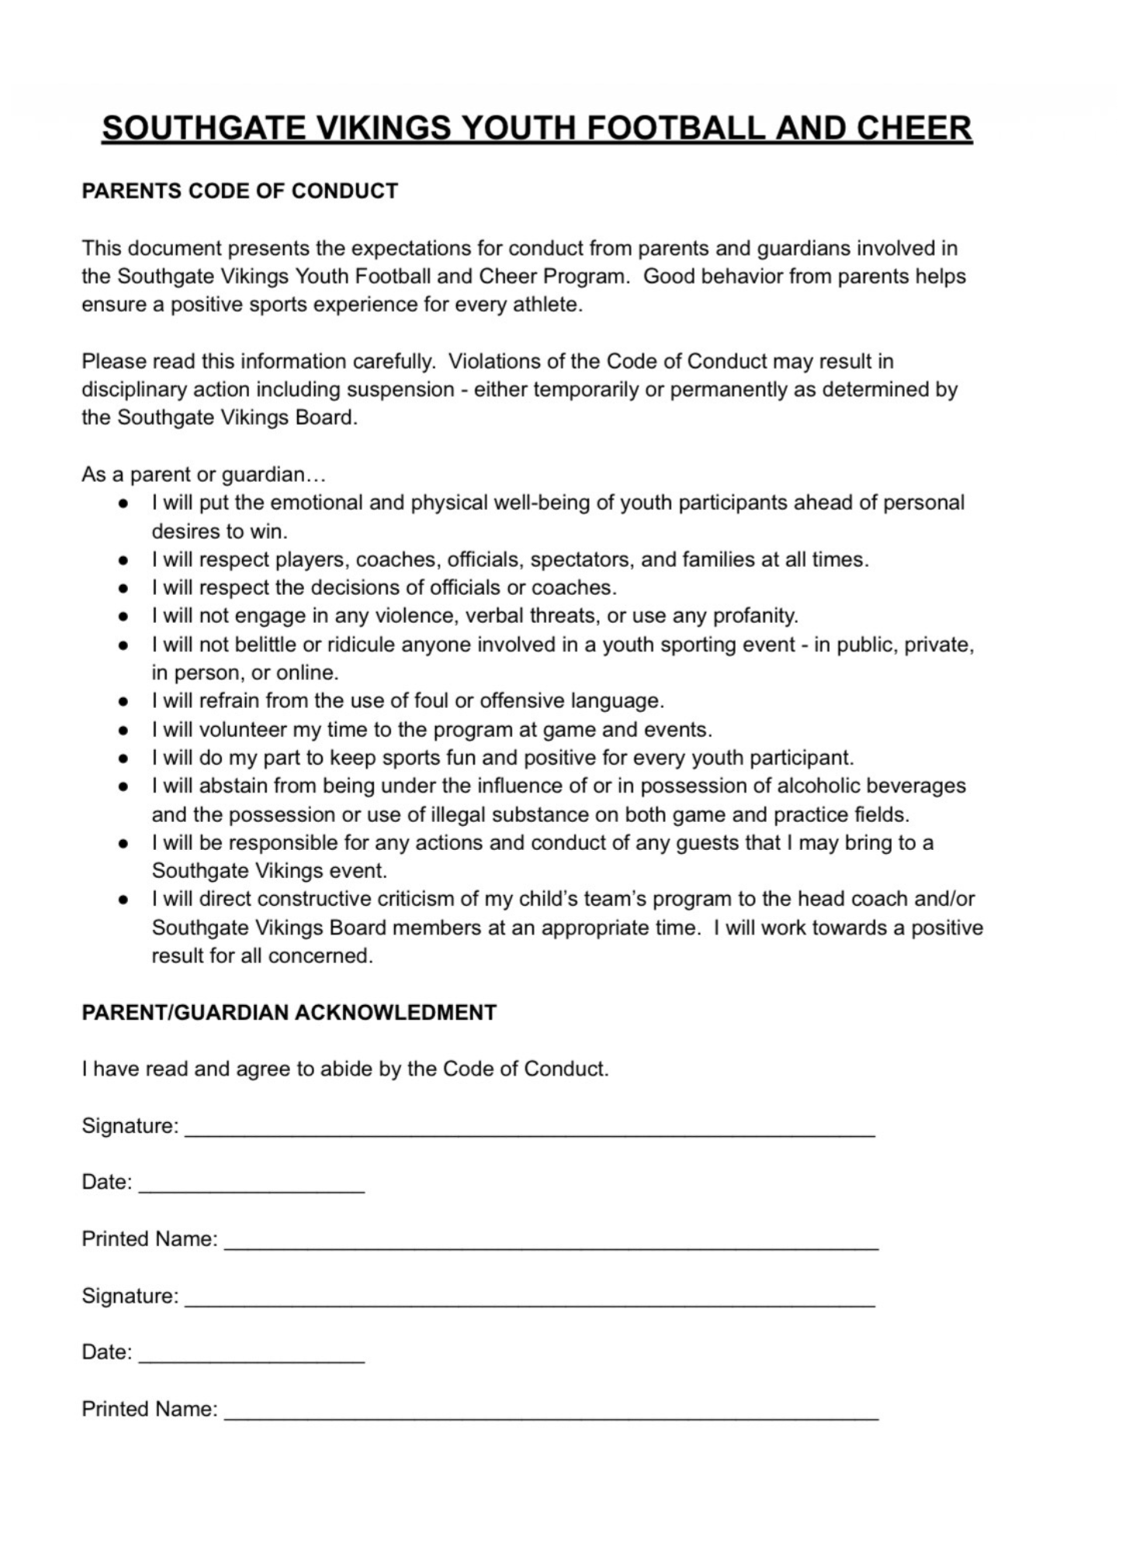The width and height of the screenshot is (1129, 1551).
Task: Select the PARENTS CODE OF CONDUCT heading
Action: [x=240, y=191]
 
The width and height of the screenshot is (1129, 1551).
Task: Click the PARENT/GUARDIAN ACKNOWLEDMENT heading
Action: [x=289, y=1013]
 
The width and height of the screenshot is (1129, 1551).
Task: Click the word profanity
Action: [x=755, y=616]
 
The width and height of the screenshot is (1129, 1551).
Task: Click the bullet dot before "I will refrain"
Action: [x=123, y=702]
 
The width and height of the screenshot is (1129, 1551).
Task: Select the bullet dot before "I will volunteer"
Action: [x=123, y=731]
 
